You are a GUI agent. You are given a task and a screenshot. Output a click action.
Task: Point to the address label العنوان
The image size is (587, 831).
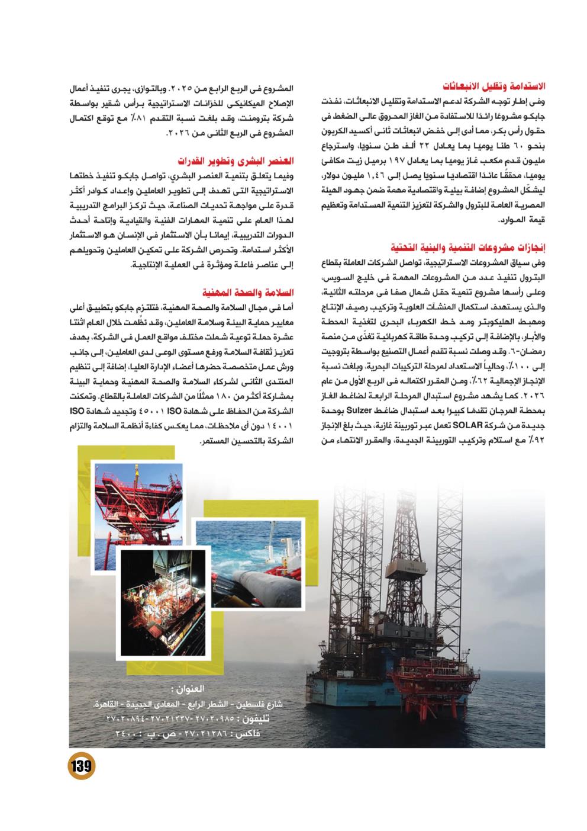coord(183,690)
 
